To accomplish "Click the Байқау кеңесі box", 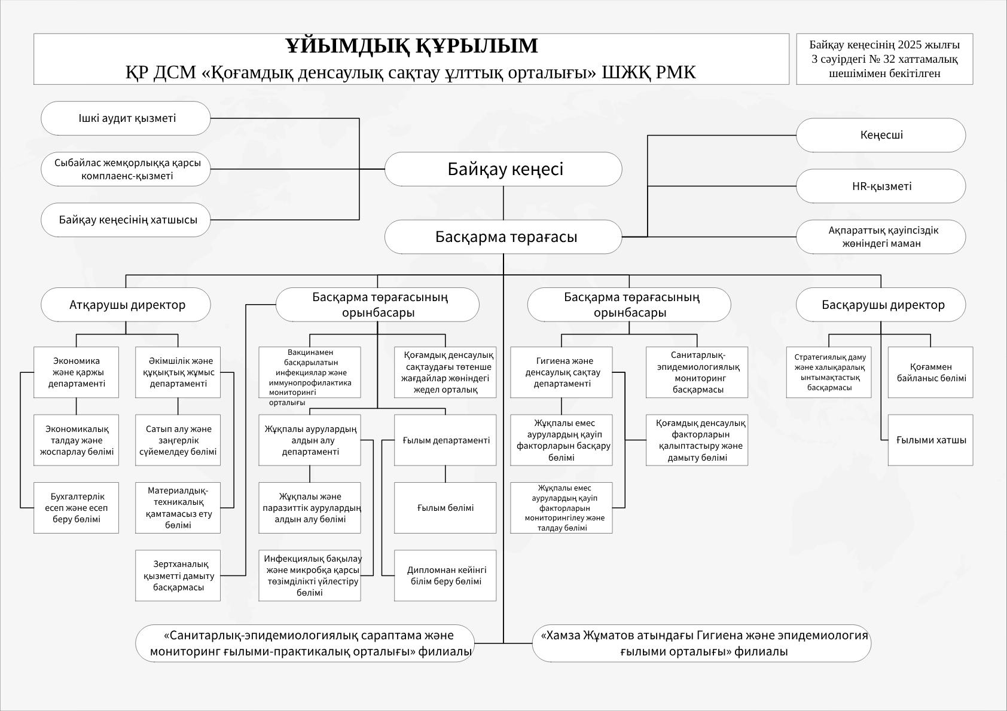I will click(504, 169).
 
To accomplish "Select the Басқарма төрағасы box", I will click(504, 237).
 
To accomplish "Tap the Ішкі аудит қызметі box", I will click(126, 118).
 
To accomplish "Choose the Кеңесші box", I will click(881, 135).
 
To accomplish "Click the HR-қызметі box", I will click(881, 186).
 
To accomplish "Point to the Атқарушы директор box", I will click(126, 305).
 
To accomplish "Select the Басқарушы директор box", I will click(881, 305).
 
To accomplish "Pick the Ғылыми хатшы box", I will click(930, 440).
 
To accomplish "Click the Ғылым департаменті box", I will click(445, 440).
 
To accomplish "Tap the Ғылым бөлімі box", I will click(445, 508).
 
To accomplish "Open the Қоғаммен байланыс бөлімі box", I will click(930, 372).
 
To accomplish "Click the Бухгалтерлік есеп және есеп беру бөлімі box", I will click(77, 508).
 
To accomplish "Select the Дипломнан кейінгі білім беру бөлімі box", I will click(445, 575).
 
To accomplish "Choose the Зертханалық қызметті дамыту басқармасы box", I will click(178, 575).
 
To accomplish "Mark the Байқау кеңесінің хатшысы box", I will click(126, 220).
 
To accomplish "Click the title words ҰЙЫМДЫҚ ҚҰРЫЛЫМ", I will click(411, 46).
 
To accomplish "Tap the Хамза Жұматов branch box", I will click(701, 643).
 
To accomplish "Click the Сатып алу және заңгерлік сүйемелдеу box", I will click(178, 440).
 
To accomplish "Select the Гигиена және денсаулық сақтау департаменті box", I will click(562, 372).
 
